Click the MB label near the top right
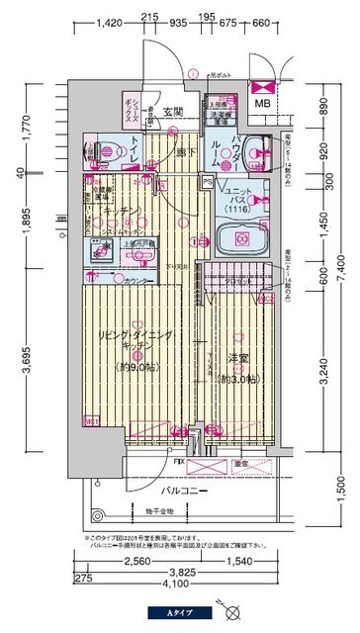264,103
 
